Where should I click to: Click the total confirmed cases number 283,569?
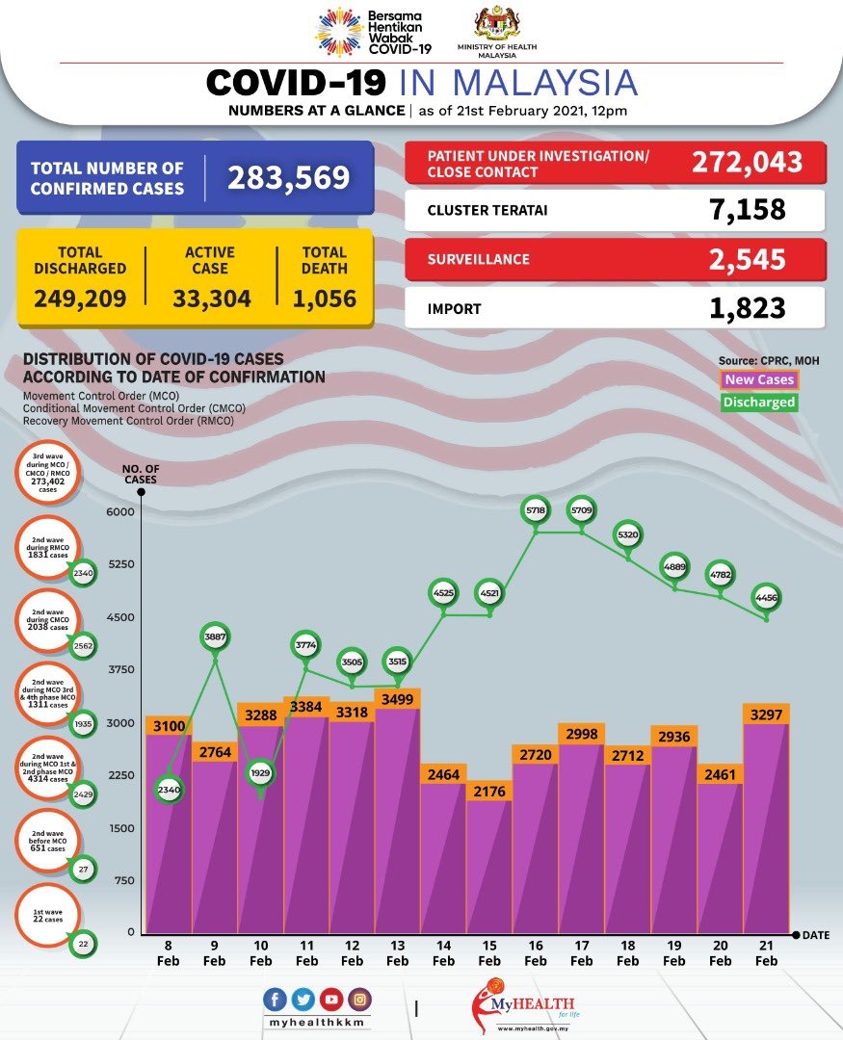coord(288,177)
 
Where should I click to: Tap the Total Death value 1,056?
coord(325,299)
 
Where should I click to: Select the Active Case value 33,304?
coord(212,299)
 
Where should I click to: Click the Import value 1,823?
coord(747,308)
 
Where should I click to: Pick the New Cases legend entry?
coord(759,380)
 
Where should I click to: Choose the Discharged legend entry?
coord(759,403)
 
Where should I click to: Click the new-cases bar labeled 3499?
coord(397,819)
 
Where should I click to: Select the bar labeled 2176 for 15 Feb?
coord(489,857)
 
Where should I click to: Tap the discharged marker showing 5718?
coord(536,507)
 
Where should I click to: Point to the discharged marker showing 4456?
coord(767,598)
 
